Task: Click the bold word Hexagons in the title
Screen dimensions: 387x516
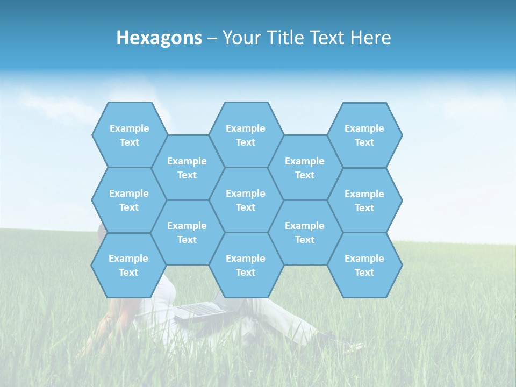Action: click(159, 38)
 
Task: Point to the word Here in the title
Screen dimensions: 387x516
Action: click(370, 38)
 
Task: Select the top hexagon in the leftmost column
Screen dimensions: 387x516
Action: click(130, 135)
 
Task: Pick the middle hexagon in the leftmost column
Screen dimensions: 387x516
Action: click(129, 200)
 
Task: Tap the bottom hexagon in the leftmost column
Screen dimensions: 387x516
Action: click(128, 265)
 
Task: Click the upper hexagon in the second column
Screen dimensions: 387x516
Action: click(187, 168)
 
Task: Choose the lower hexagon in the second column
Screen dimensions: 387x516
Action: click(187, 232)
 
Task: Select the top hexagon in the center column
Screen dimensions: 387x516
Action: click(246, 135)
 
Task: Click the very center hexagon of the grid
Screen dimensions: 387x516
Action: click(246, 200)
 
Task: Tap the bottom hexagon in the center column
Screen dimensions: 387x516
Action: click(246, 265)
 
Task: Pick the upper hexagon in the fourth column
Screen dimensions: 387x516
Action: click(305, 168)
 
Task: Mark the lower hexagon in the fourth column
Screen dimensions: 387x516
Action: click(305, 232)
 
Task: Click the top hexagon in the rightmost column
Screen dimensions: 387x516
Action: click(364, 135)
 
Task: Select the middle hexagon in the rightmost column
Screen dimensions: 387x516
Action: click(364, 200)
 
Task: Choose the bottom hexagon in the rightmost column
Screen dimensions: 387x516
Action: click(364, 265)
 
